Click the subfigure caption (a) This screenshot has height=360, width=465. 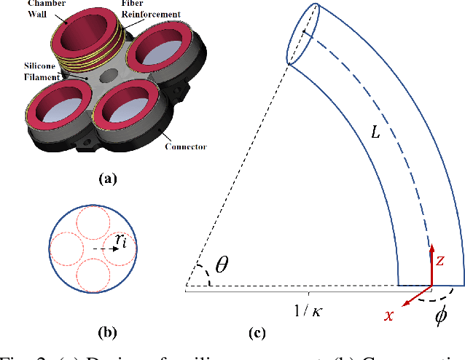105,176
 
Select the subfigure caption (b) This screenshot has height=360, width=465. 106,333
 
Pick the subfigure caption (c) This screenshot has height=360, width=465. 257,334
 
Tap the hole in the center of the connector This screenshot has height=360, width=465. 110,75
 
